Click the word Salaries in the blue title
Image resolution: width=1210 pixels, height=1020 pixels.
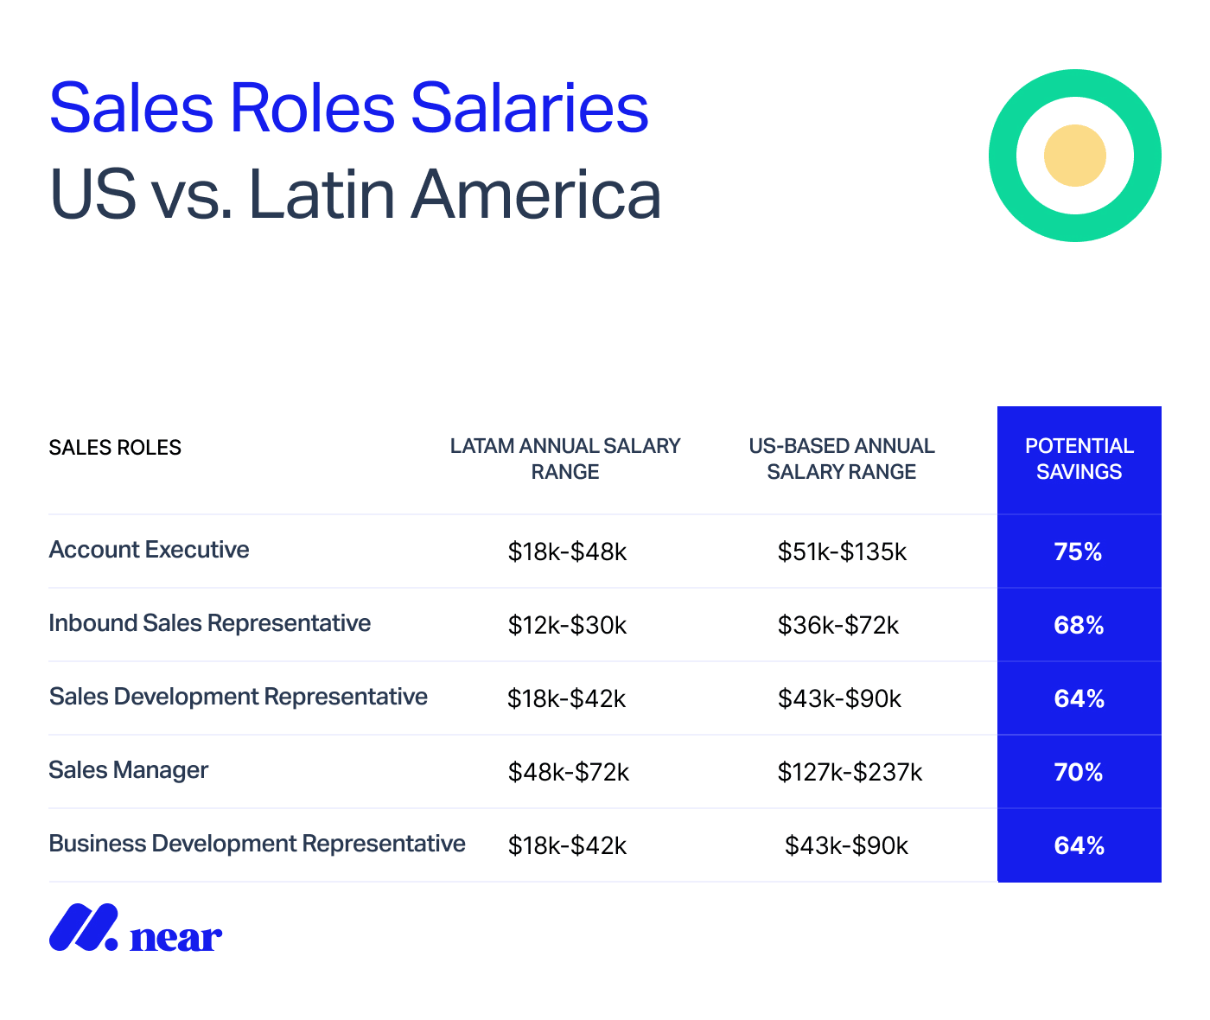click(x=529, y=108)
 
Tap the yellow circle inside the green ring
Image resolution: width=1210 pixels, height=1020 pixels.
click(x=1074, y=156)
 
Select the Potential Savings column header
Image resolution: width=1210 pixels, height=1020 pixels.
click(x=1079, y=459)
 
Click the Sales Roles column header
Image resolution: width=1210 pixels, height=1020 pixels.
click(x=115, y=448)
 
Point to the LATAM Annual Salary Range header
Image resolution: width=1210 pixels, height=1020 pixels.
click(x=565, y=459)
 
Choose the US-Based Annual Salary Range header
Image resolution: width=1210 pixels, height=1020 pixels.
click(x=841, y=459)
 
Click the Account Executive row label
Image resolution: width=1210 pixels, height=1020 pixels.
click(x=149, y=550)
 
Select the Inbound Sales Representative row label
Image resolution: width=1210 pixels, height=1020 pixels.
click(x=209, y=623)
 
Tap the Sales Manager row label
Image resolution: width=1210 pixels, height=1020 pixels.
click(x=128, y=770)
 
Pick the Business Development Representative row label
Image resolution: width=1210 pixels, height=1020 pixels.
click(x=257, y=844)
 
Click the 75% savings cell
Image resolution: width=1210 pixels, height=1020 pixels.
click(x=1078, y=551)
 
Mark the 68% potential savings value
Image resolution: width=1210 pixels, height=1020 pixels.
click(x=1079, y=625)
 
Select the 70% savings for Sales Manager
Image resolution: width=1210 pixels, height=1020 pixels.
click(x=1078, y=772)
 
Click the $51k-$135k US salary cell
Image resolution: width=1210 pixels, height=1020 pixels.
click(x=842, y=551)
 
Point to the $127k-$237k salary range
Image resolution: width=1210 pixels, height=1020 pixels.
click(x=850, y=772)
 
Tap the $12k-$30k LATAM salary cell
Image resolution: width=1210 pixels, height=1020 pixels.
click(x=567, y=625)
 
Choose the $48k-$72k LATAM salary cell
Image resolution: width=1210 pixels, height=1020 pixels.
click(x=568, y=772)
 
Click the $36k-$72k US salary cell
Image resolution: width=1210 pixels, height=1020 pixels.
click(x=837, y=625)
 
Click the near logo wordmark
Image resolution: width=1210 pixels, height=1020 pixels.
click(x=175, y=936)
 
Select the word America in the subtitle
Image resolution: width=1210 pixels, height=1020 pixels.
click(x=536, y=194)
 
